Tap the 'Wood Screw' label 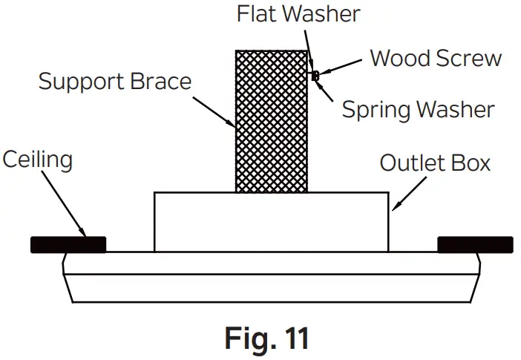[x=436, y=59]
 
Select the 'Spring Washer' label [x=418, y=110]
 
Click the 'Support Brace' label [x=115, y=81]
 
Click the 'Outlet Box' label [x=435, y=163]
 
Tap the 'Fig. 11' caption [x=266, y=338]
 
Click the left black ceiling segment [x=68, y=244]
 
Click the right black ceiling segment [x=475, y=244]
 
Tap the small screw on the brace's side [x=315, y=75]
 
